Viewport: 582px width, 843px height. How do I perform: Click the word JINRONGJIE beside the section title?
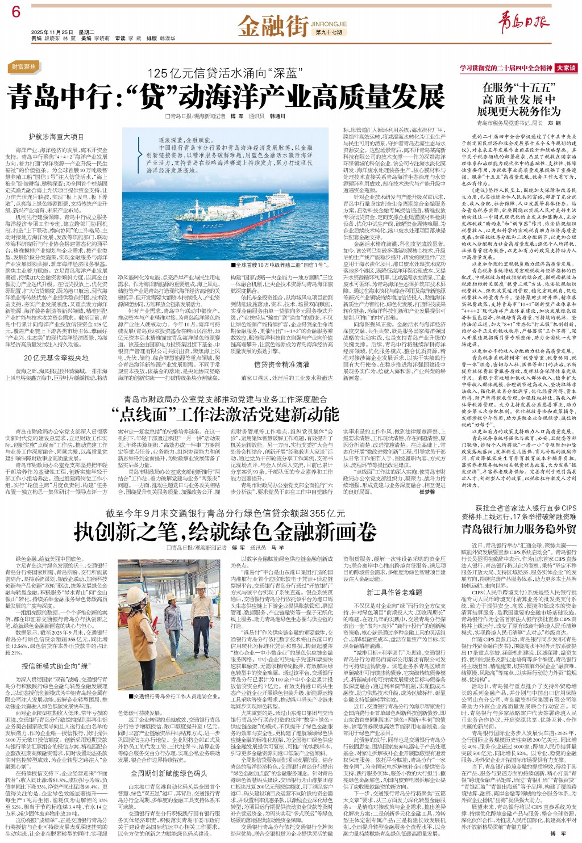(329, 24)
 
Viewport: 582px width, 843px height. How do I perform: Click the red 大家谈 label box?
(566, 68)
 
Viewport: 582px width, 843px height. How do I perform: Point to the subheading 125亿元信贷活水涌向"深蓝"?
(223, 74)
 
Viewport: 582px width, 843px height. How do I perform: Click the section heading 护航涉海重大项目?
(56, 137)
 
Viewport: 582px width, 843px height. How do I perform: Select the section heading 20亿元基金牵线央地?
(56, 358)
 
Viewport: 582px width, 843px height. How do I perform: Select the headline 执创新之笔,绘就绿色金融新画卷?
(225, 531)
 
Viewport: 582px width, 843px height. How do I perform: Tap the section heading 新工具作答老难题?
(394, 593)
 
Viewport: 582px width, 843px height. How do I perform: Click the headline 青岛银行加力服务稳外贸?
(518, 529)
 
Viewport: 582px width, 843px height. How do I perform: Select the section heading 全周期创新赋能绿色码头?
(169, 773)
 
